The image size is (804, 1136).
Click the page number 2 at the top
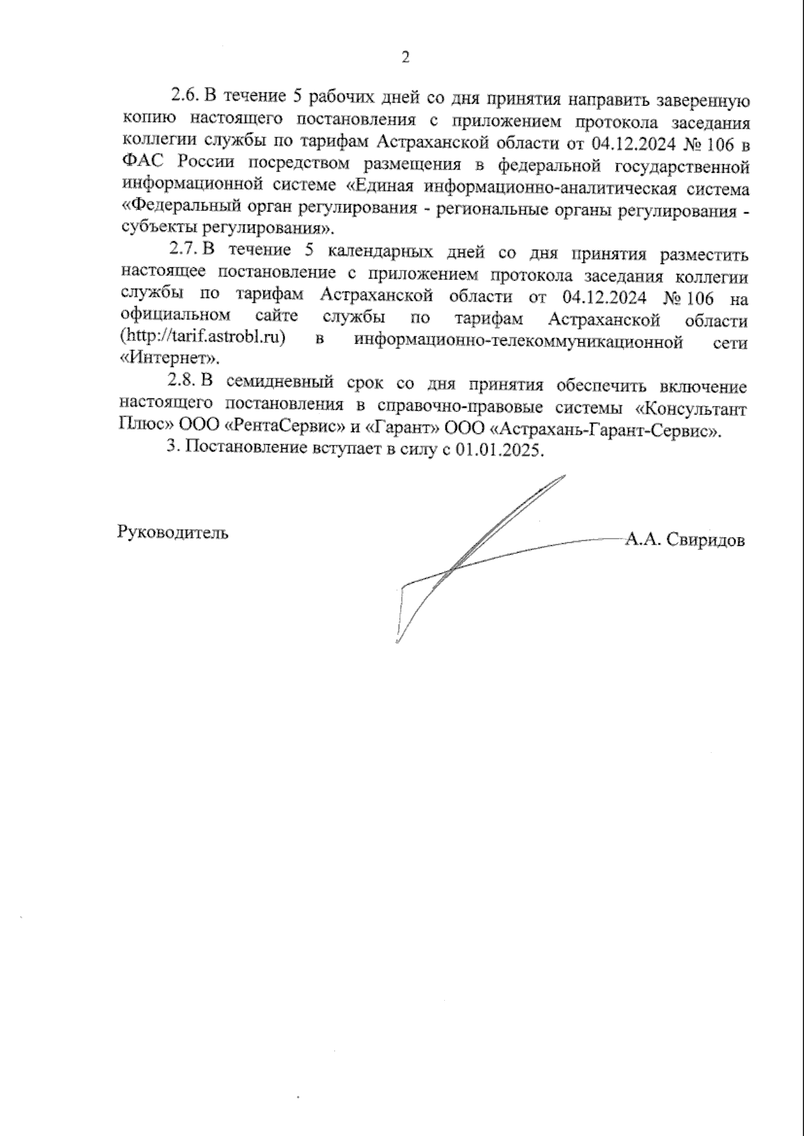coord(405,57)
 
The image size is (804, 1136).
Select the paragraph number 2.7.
coord(182,250)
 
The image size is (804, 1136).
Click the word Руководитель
coord(172,533)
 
